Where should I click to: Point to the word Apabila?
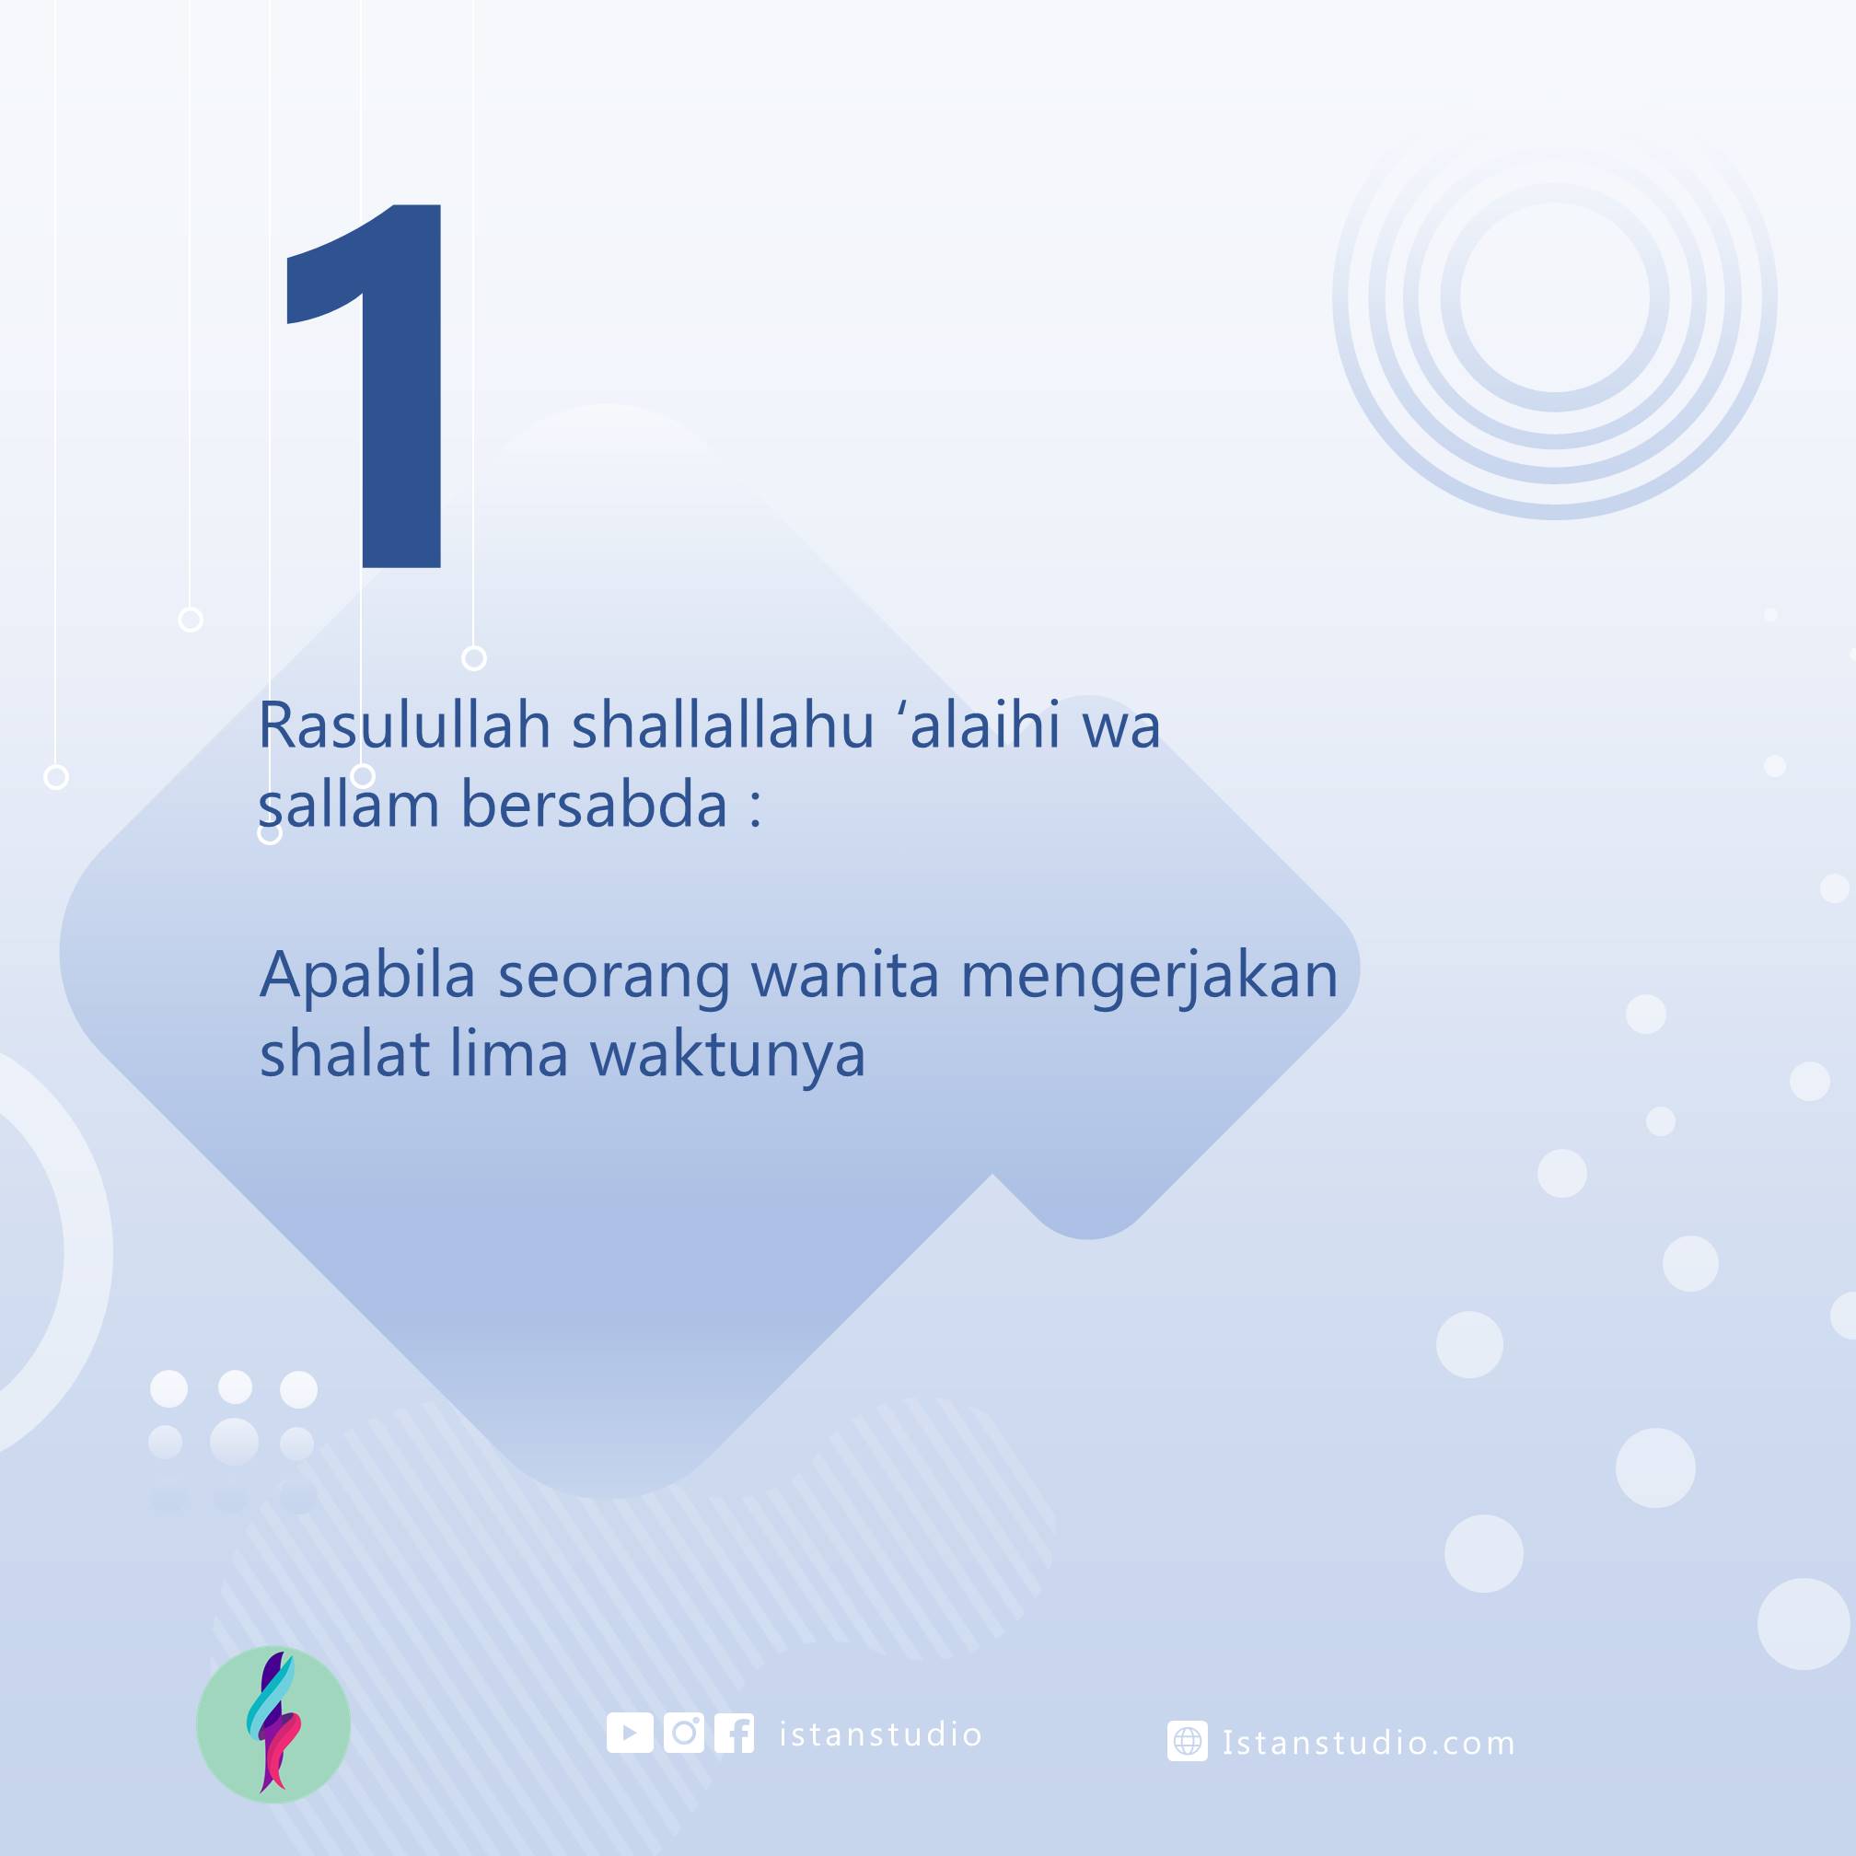click(368, 975)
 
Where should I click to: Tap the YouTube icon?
click(631, 1733)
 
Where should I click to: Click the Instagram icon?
click(683, 1733)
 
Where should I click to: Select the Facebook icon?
click(734, 1733)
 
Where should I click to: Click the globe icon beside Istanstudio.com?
click(1188, 1741)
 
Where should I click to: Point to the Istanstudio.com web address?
click(1369, 1742)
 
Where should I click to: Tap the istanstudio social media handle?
click(880, 1734)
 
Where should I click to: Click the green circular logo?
click(273, 1724)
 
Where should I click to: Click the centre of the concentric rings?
click(1554, 297)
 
